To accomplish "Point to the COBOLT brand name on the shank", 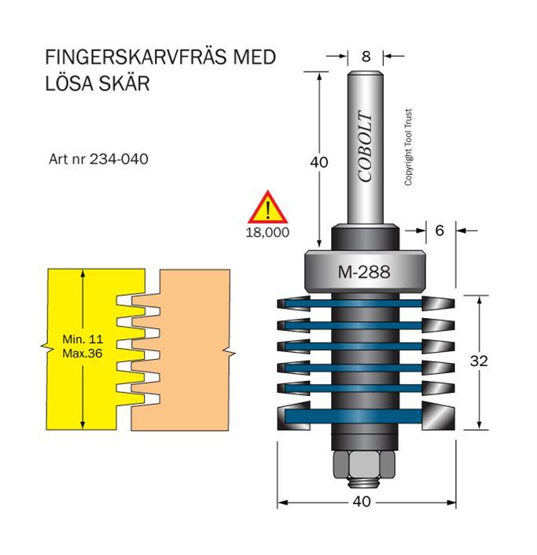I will click(366, 150).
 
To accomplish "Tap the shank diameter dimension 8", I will click(366, 57).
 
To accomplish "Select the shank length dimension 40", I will click(318, 163).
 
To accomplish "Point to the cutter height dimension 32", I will click(479, 361).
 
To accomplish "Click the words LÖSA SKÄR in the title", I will click(97, 83).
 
